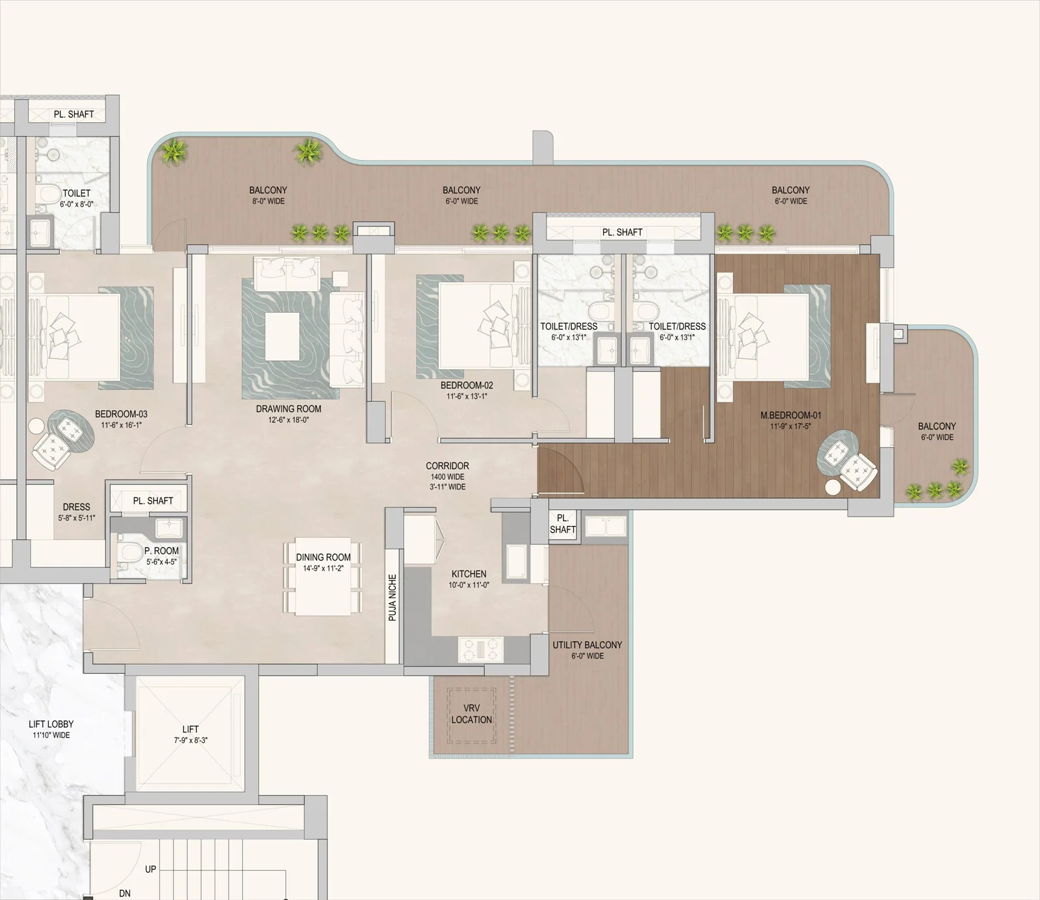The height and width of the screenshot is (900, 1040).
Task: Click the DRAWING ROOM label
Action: [x=289, y=409]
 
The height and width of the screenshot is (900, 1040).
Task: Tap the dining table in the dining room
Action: [x=323, y=577]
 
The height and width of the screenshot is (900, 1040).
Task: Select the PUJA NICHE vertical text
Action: [x=392, y=597]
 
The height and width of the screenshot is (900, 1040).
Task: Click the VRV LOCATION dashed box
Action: [x=471, y=715]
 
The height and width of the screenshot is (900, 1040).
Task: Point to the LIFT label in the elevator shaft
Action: [x=190, y=730]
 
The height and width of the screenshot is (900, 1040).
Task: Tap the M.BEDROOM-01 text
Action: [x=790, y=416]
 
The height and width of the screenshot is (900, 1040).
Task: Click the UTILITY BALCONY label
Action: [x=587, y=645]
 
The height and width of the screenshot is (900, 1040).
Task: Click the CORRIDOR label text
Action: [x=447, y=466]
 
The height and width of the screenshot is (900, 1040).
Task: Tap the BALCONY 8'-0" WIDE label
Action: [x=268, y=191]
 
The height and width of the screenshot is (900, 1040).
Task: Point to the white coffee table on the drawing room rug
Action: [x=282, y=336]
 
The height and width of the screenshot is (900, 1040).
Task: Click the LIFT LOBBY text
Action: [x=51, y=724]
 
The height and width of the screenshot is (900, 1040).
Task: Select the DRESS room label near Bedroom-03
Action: [x=77, y=507]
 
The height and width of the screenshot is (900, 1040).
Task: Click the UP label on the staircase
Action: [x=150, y=869]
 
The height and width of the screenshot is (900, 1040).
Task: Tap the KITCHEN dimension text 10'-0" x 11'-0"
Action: [x=469, y=585]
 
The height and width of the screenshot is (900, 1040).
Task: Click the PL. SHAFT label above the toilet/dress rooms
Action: [x=622, y=232]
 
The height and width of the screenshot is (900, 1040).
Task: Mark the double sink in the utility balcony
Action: [x=605, y=525]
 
